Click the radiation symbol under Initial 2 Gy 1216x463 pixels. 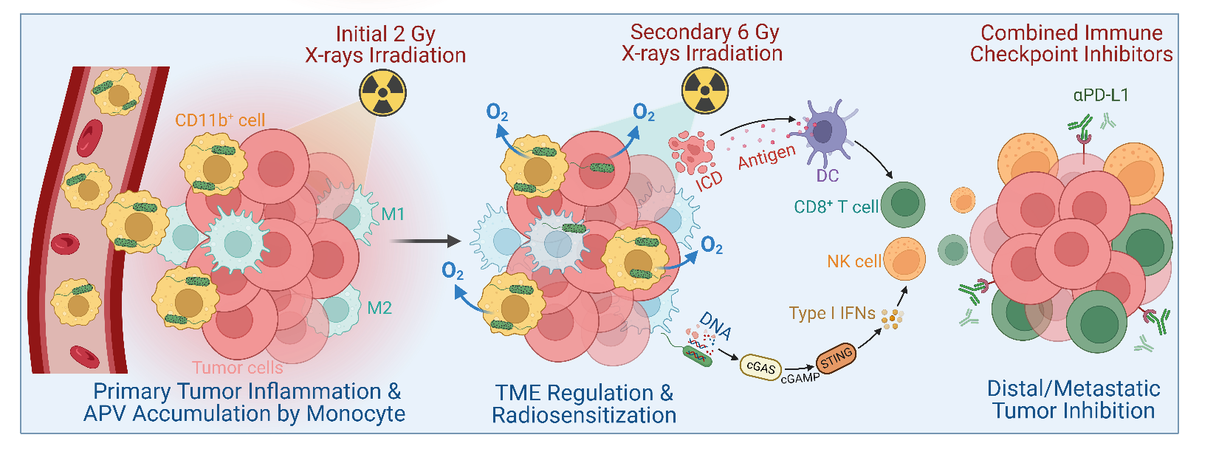(x=382, y=93)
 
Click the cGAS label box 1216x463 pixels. (x=761, y=367)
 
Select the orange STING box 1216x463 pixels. (x=836, y=359)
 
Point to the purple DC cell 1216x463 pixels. (x=821, y=133)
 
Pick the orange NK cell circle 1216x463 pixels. (x=904, y=259)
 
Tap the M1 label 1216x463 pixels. (x=393, y=214)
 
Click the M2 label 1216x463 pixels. (x=379, y=308)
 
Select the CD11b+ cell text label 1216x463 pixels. (x=220, y=120)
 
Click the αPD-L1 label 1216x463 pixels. (x=1101, y=95)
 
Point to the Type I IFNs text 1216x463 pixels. (x=831, y=313)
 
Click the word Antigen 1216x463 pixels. (x=766, y=157)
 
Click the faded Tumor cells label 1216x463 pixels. (x=237, y=367)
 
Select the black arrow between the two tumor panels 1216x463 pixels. (x=425, y=241)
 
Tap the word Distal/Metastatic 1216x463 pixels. (x=1074, y=388)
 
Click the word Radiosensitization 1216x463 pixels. (x=584, y=415)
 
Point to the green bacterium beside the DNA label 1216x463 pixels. (x=698, y=356)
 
